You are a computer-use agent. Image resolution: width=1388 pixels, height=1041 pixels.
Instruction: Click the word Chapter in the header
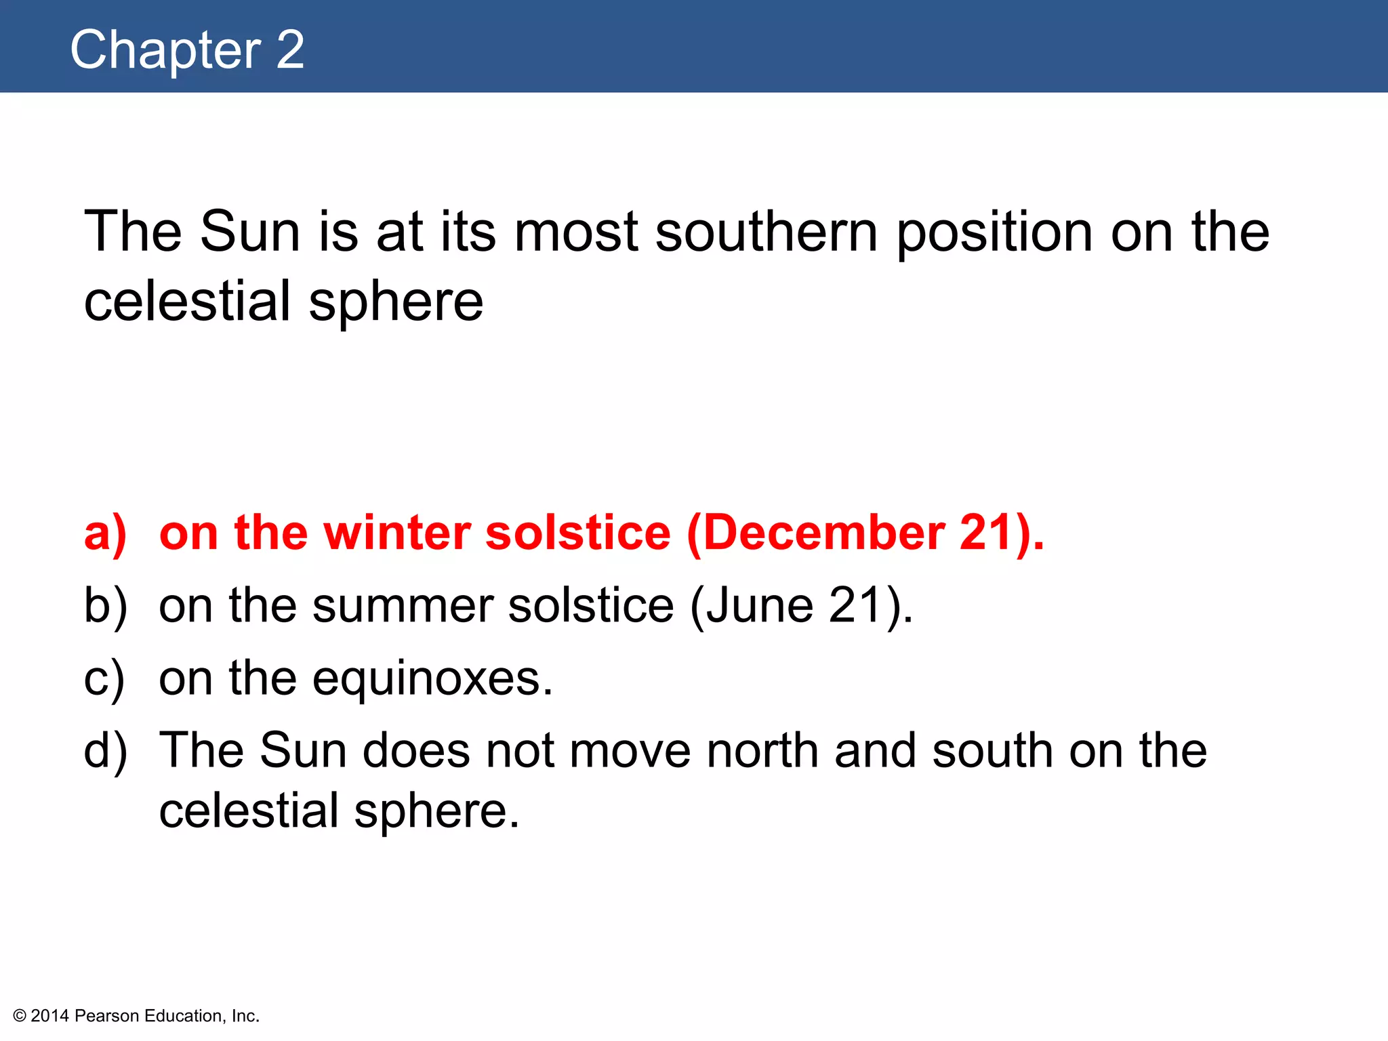click(x=165, y=50)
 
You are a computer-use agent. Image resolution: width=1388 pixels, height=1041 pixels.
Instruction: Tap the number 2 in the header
click(x=290, y=50)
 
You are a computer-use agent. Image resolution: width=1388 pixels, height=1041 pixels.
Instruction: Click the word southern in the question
click(x=767, y=232)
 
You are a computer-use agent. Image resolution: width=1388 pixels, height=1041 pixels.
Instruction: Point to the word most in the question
click(x=576, y=232)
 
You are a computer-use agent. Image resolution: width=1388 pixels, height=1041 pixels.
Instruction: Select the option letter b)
click(x=105, y=606)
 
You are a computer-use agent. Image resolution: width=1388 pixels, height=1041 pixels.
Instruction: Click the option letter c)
click(x=104, y=678)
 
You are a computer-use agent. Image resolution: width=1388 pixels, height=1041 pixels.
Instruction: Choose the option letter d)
click(x=105, y=751)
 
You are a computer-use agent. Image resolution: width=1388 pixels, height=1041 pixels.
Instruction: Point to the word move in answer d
click(x=629, y=751)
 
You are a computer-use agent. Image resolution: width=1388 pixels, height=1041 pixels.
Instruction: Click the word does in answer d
click(x=416, y=751)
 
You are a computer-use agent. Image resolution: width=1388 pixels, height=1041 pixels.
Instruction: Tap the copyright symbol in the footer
click(x=20, y=1016)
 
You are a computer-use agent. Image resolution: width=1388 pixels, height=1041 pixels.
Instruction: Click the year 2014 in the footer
click(x=50, y=1016)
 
